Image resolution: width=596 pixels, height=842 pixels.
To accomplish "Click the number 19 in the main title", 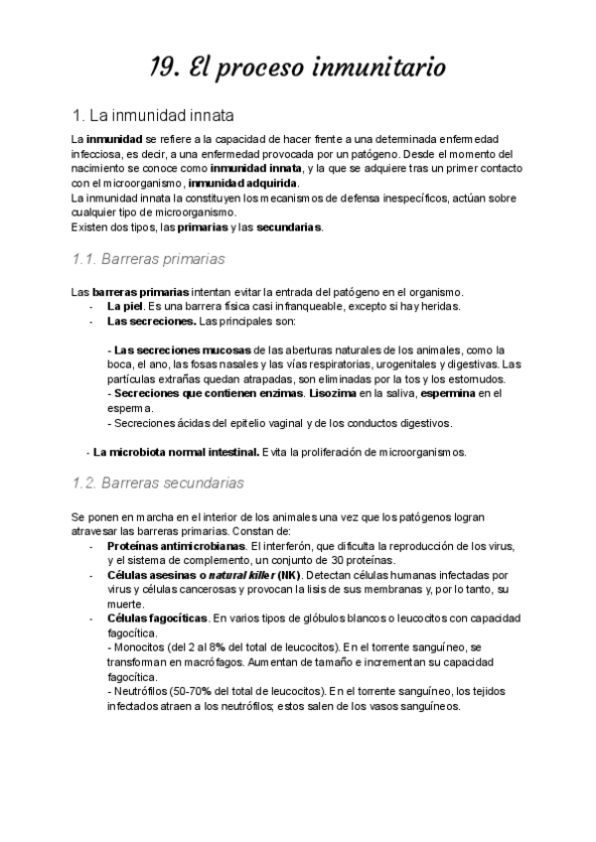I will pyautogui.click(x=164, y=68).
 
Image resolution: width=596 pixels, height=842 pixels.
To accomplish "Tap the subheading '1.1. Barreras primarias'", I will pyautogui.click(x=149, y=260).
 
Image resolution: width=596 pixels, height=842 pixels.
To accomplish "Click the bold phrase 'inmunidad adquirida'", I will pyautogui.click(x=242, y=184).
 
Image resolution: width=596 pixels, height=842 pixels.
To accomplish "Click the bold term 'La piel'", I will pyautogui.click(x=125, y=307).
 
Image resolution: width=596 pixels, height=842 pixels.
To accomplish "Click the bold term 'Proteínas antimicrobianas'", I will pyautogui.click(x=176, y=546).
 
